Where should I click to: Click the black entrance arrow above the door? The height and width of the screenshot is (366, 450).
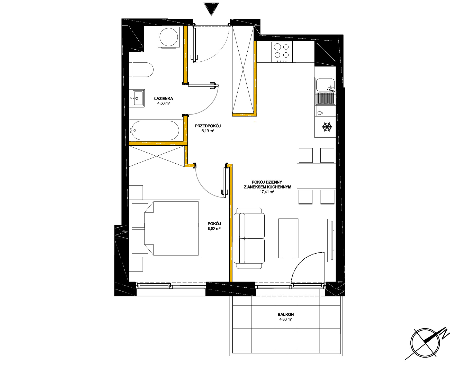tap(211, 9)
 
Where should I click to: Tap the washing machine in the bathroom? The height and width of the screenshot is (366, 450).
tap(169, 37)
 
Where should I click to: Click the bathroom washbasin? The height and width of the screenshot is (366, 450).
tap(137, 98)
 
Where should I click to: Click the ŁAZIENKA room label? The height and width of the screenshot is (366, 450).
tap(164, 99)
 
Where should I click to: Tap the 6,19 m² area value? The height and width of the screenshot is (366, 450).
tap(208, 131)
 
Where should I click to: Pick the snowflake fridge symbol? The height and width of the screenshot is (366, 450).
tap(327, 127)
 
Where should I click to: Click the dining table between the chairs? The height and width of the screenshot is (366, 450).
tap(316, 176)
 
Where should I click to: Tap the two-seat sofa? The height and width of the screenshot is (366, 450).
tap(249, 238)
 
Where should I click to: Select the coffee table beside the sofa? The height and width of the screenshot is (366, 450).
tap(288, 238)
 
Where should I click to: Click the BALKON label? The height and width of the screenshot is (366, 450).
tap(286, 314)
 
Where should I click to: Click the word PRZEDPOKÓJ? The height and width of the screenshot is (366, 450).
tap(208, 126)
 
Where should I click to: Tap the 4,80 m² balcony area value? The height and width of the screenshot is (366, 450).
tap(286, 320)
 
